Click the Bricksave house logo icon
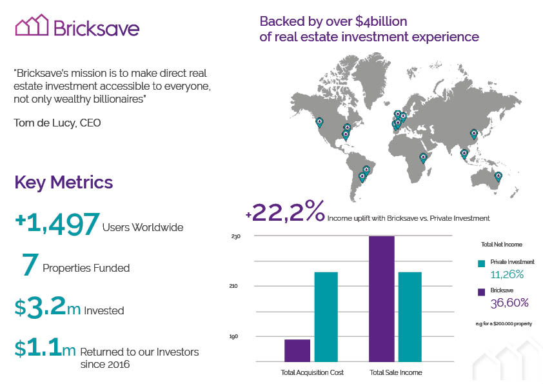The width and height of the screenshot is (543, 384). coord(32,25)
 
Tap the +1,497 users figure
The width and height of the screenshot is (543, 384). coord(57,224)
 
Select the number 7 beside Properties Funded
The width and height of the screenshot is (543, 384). coord(30,264)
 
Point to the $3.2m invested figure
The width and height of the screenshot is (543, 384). coord(48,307)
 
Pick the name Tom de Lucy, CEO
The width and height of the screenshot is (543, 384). coord(57,123)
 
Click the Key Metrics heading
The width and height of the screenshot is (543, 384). coord(64,182)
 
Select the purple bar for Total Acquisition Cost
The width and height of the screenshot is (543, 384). coord(297,350)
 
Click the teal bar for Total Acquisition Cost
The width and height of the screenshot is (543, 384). coord(326,317)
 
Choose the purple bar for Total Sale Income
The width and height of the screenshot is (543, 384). coord(382,299)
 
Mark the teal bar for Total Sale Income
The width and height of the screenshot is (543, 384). coord(410,317)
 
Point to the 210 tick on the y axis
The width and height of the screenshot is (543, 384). coord(233,286)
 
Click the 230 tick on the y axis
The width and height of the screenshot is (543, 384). coord(236,236)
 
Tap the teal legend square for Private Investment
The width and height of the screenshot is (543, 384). coord(481,263)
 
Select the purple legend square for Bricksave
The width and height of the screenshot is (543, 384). coord(481,292)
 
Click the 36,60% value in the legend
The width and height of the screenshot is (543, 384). coord(509,303)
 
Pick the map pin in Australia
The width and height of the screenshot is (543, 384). coord(498,177)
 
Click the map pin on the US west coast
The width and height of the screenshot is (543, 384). coord(319,123)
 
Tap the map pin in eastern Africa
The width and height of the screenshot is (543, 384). coord(423,158)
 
